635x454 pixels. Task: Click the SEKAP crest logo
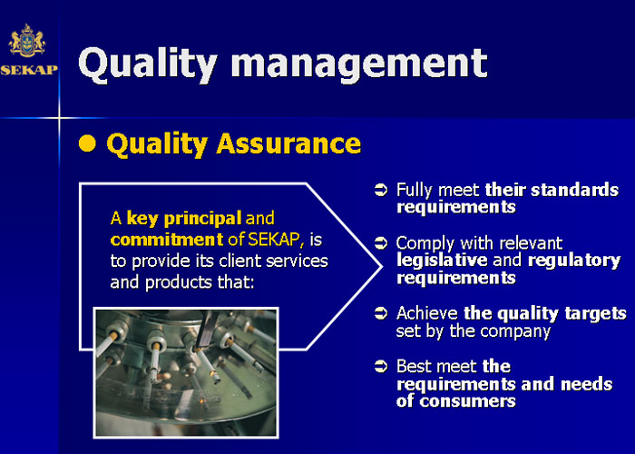[x=26, y=41]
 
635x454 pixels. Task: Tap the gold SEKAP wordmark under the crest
[x=29, y=70]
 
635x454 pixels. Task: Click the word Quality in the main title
[x=148, y=64]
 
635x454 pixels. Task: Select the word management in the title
[x=359, y=64]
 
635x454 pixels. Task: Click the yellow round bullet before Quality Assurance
[x=87, y=143]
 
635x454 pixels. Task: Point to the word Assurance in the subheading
[x=288, y=143]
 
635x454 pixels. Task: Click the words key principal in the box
[x=184, y=219]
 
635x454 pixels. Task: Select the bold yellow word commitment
[x=166, y=240]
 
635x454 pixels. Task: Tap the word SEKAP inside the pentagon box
[x=275, y=240]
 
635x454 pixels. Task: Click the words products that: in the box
[x=200, y=282]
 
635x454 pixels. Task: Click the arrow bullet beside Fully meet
[x=381, y=190]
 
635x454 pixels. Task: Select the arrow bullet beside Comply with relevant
[x=381, y=242]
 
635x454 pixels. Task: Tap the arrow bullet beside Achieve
[x=381, y=313]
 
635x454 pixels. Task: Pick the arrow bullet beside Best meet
[x=381, y=366]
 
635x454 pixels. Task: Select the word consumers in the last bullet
[x=467, y=401]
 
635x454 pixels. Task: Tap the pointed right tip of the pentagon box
[x=381, y=266]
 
